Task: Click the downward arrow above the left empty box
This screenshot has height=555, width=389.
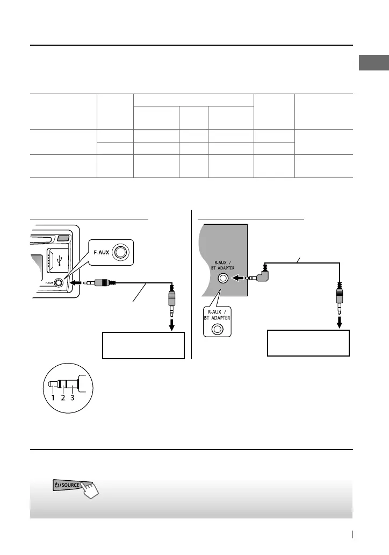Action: (172, 324)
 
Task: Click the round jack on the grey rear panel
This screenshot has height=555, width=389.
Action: (221, 279)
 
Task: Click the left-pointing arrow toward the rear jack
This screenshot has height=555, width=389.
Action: (237, 279)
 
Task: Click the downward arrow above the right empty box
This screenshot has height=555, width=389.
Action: (339, 322)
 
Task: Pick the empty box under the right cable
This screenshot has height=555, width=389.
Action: (308, 343)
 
